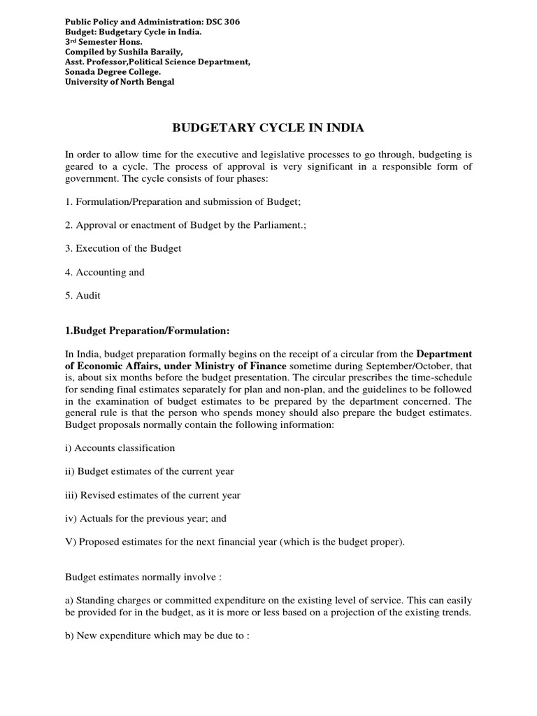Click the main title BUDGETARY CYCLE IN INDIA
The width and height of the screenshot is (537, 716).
pos(268,128)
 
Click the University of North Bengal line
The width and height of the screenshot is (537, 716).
pos(120,82)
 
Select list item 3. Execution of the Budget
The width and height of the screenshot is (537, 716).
pos(123,249)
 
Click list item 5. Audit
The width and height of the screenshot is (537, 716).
pos(83,295)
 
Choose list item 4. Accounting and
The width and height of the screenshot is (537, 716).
pos(105,272)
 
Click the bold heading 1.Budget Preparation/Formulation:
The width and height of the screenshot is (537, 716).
pos(147,330)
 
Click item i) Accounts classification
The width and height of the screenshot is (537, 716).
pos(120,447)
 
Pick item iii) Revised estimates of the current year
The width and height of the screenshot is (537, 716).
pos(152,494)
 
